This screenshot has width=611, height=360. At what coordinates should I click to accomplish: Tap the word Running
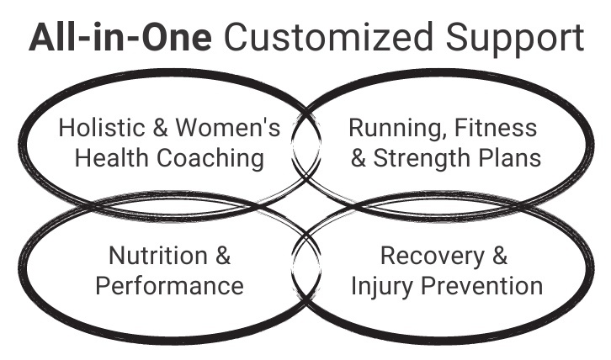389,129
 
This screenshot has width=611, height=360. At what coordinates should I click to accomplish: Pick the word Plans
512,157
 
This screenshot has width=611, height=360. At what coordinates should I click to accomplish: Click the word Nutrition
158,256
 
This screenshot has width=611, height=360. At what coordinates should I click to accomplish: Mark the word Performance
169,285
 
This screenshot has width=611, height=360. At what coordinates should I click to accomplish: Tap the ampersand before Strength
358,157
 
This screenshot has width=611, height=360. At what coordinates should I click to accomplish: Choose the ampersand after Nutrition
221,256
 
